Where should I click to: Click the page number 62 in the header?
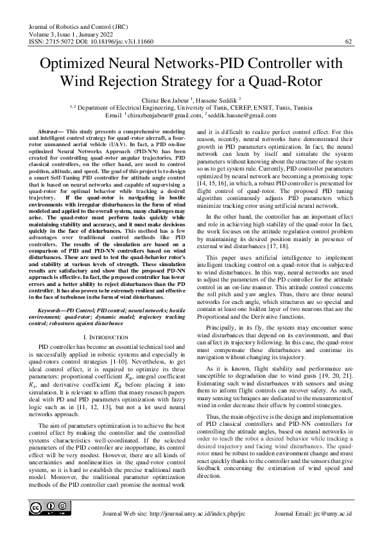[349, 42]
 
